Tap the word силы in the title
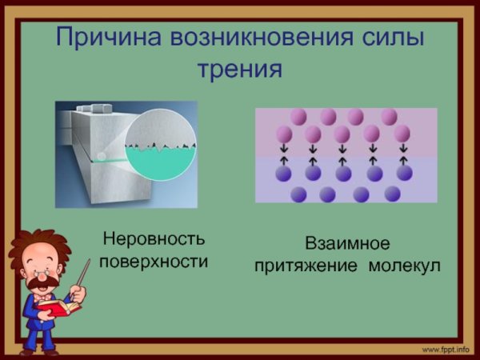[390, 38]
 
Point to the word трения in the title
[239, 69]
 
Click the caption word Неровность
[153, 238]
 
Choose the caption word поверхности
[153, 262]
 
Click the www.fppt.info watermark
[445, 350]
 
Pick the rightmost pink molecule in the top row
[389, 117]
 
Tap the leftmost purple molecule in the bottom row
[298, 194]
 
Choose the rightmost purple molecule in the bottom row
[392, 194]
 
